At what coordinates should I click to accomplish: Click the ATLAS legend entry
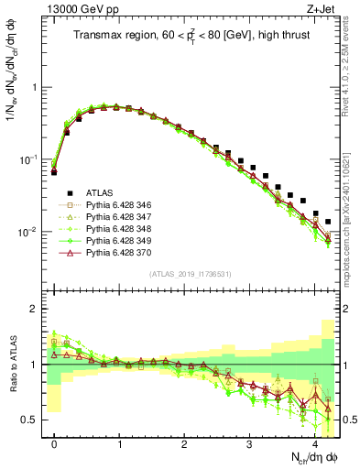pos(95,192)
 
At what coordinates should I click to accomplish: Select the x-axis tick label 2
pos(185,443)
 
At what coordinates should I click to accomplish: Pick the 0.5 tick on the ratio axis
pos(33,420)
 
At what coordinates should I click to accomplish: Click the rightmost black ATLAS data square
pos(328,222)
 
